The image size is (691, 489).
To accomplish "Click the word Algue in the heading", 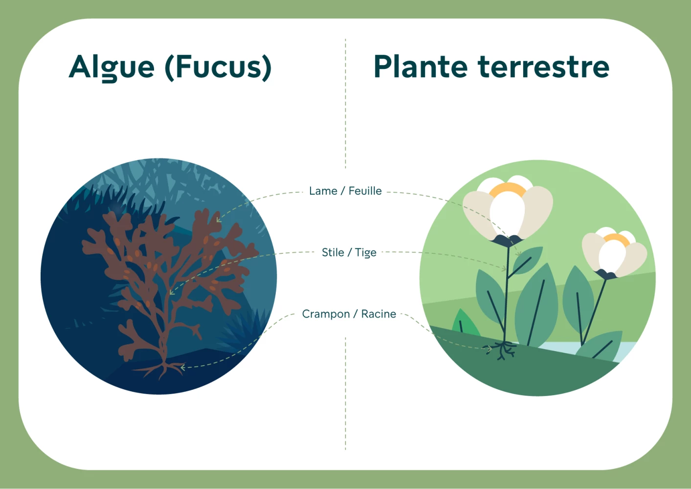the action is point(111,67).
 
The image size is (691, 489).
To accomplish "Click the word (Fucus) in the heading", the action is point(219,67).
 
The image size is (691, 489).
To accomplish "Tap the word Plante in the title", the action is point(421,67).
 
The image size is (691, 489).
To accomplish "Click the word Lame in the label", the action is point(323,191).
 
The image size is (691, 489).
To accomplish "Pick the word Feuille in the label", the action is point(365,191).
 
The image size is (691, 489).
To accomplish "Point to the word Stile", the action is point(333,252).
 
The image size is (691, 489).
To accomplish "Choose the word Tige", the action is point(366,253).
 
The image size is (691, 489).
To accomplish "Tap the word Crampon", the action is point(326,314).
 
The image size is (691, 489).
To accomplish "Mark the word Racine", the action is point(379,314).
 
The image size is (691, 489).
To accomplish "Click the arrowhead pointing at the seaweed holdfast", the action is point(182,367).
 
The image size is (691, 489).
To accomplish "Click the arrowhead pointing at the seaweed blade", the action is point(219,220).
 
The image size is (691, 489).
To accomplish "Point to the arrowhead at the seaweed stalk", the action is point(172,292).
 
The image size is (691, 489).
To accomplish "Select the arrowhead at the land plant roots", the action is point(489,349).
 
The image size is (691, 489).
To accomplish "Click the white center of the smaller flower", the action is point(612,256).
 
